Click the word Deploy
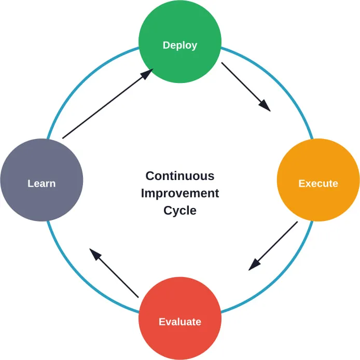click(x=180, y=45)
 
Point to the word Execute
click(x=318, y=184)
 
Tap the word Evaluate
click(x=180, y=322)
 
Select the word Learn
click(x=41, y=184)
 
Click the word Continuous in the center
click(x=179, y=176)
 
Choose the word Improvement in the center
click(x=179, y=193)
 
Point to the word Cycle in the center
click(x=179, y=211)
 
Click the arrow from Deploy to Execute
click(x=245, y=86)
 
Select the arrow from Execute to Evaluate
click(x=273, y=245)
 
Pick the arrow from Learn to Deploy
click(x=106, y=104)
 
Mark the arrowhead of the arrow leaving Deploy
click(x=265, y=105)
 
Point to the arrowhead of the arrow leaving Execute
click(x=254, y=264)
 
